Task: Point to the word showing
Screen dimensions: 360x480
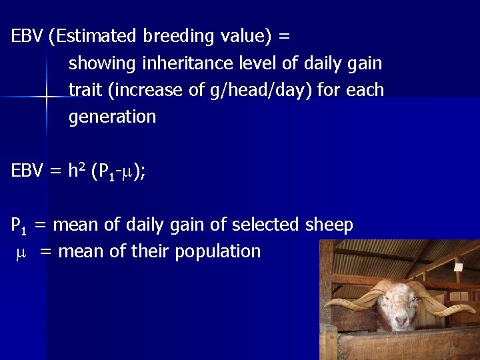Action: (101, 63)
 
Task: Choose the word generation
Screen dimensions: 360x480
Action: (112, 117)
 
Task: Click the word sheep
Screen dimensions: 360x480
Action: (329, 225)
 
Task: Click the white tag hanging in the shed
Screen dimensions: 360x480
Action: (457, 274)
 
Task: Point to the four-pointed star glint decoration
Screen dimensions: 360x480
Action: (47, 97)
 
